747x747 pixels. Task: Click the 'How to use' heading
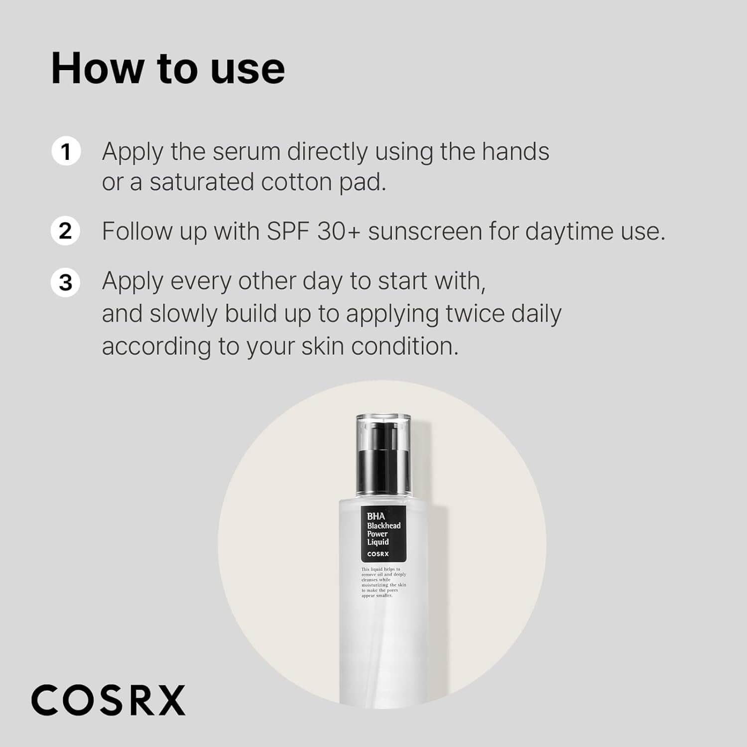[x=168, y=68]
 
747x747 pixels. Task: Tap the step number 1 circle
[x=66, y=151]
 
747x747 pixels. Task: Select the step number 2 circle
[x=66, y=231]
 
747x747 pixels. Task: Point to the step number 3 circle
[x=66, y=282]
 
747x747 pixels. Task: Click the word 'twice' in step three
[x=471, y=314]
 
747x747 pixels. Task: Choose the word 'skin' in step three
[x=323, y=346]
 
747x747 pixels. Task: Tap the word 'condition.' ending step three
[x=404, y=346]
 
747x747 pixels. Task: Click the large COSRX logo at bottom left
[x=108, y=700]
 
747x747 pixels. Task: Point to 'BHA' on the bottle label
[x=376, y=516]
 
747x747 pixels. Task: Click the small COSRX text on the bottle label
[x=378, y=554]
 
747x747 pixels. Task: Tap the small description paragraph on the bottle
[x=383, y=582]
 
